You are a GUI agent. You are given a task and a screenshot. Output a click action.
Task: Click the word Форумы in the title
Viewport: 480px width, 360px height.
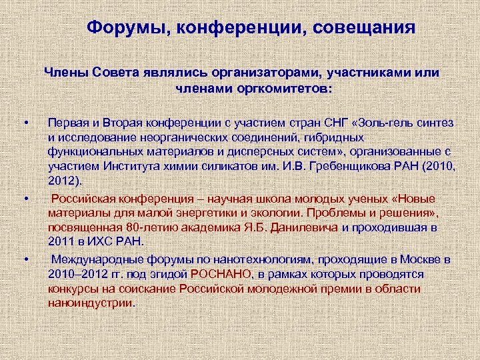tap(121, 28)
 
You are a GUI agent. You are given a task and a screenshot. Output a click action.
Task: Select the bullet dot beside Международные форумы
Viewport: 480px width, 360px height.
tap(25, 259)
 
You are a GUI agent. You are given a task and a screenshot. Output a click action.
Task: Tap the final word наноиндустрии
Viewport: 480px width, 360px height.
tap(91, 303)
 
